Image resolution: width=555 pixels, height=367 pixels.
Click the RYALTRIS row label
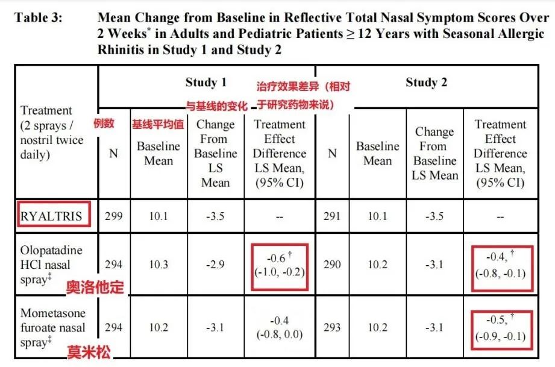coord(51,216)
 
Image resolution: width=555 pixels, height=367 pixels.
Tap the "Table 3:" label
coord(38,17)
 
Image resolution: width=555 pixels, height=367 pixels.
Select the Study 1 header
coord(206,83)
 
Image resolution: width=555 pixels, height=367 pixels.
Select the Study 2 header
coord(427,83)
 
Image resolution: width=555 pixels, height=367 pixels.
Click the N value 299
coord(113,216)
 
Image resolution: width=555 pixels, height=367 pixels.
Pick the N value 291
coord(332,216)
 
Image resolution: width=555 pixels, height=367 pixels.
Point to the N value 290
coord(332,265)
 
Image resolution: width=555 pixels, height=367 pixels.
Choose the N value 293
coord(332,328)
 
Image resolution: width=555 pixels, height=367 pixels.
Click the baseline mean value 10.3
coord(158,265)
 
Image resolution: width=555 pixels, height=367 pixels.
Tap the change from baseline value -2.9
coord(215,265)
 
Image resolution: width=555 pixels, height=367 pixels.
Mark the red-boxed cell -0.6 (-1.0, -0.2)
coord(279,265)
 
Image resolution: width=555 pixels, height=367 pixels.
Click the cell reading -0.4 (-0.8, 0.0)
coord(279,328)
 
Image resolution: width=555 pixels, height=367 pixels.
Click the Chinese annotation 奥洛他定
coord(95,287)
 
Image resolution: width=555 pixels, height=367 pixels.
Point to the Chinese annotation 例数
coord(104,124)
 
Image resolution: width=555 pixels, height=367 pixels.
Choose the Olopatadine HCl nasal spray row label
coord(51,265)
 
